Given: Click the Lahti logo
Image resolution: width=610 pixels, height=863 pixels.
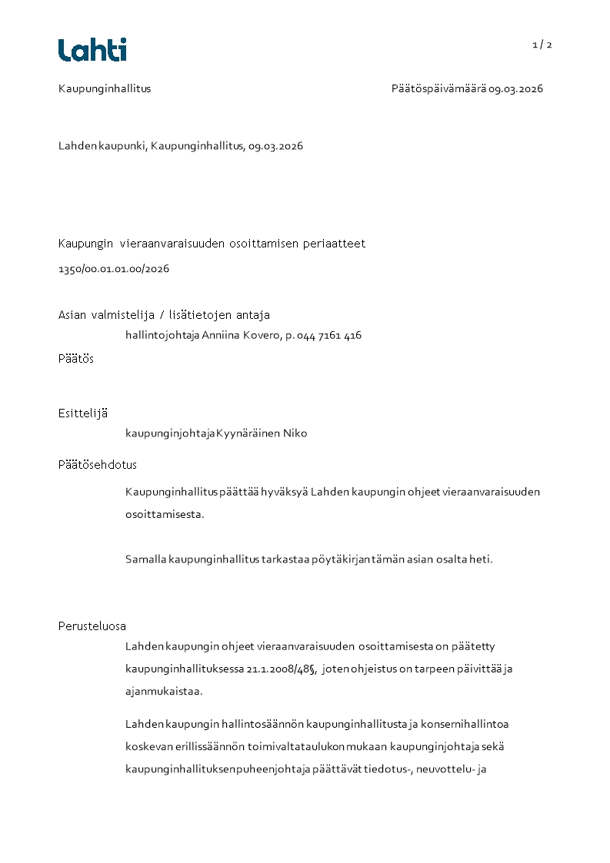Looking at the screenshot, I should coord(92,50).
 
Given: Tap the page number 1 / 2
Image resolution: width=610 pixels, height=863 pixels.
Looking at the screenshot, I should coord(542,45).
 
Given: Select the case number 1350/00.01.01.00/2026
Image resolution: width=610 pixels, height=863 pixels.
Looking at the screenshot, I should coord(114,269).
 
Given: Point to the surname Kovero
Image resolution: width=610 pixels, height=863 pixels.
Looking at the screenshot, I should coord(265,335).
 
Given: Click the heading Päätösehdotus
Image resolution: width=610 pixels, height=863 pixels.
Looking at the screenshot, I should coord(98,465).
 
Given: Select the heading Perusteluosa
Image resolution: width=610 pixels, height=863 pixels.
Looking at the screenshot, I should coord(92,626).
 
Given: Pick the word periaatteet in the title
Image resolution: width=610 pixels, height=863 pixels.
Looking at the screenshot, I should coord(332,244).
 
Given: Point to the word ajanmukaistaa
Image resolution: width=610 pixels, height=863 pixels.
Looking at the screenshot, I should coord(164,691).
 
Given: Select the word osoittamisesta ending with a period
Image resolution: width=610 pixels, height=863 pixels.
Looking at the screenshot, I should coord(165,514).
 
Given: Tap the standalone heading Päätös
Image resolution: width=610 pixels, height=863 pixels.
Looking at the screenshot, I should coord(76,359).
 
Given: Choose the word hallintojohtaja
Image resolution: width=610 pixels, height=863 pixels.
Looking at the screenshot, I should coord(162,335).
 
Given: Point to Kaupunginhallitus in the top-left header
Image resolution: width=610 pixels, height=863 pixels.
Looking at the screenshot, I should coord(105,88).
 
